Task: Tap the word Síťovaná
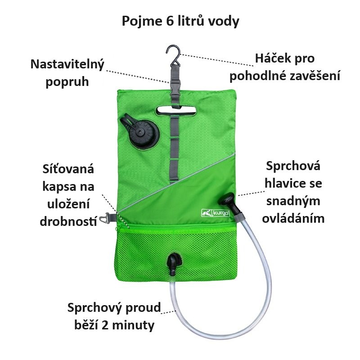67,170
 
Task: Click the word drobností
68,221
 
